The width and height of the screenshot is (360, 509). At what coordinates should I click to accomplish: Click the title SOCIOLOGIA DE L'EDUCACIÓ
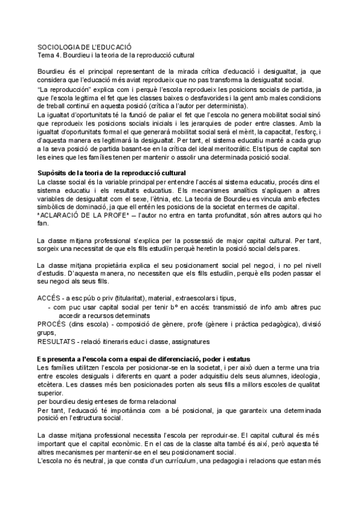coord(84,46)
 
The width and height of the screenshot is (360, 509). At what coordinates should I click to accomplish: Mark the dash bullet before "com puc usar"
coord(49,307)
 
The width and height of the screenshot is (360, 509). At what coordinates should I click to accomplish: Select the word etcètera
coord(52,388)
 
